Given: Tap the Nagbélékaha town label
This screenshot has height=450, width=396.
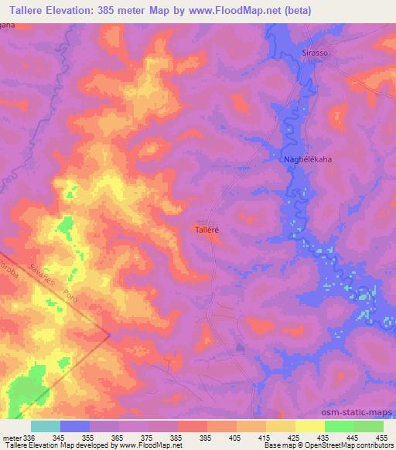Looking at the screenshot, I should tap(307, 159).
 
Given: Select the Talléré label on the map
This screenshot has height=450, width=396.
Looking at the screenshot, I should tap(208, 230).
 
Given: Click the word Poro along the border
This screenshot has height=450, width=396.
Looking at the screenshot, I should tap(72, 295).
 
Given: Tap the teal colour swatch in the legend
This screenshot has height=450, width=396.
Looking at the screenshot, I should tap(46, 426).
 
